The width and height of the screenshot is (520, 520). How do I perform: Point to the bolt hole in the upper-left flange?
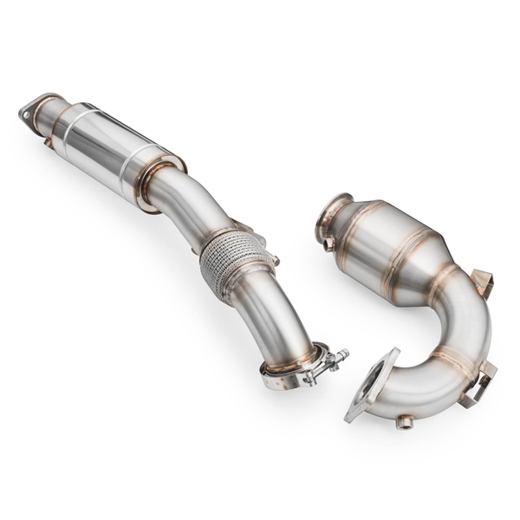click(x=25, y=111)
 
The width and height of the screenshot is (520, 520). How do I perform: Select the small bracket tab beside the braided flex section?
click(x=272, y=256)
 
